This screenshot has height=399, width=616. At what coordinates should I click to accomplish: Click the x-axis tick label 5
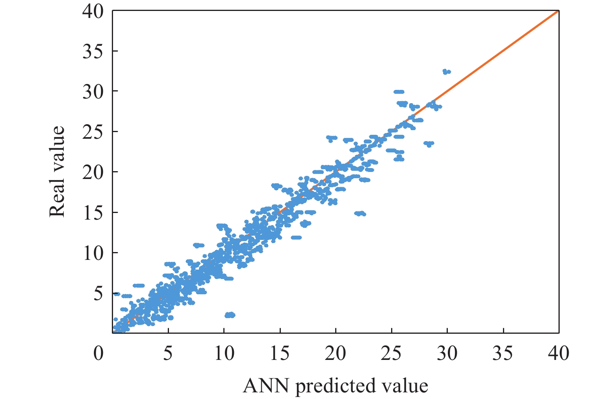[x=168, y=354]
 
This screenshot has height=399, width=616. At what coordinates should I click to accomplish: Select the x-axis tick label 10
[x=224, y=354]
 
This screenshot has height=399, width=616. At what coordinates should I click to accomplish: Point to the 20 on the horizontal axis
[x=336, y=354]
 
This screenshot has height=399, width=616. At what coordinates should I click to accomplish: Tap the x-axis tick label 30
[x=447, y=354]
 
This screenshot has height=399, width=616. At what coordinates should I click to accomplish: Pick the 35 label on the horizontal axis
[x=503, y=354]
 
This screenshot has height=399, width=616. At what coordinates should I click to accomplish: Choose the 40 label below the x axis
[x=558, y=354]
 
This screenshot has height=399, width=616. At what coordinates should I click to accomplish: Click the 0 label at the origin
[x=99, y=354]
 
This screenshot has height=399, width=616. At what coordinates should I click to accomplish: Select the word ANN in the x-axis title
[x=266, y=386]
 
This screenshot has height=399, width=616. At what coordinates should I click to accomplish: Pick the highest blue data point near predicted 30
[x=446, y=72]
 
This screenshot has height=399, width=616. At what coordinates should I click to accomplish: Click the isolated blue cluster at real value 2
[x=230, y=315]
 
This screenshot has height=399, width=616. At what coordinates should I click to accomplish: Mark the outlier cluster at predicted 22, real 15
[x=360, y=213]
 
